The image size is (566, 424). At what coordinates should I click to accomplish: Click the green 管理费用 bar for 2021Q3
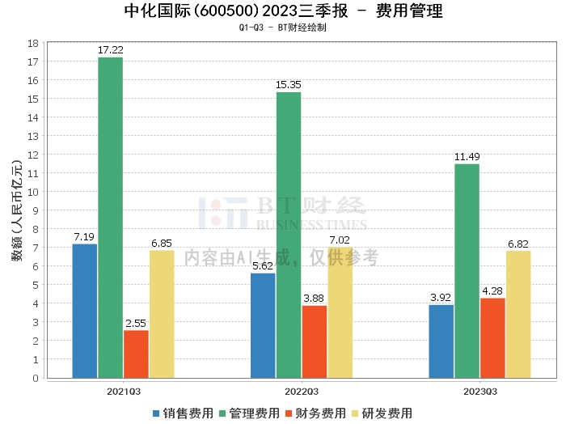[111, 218]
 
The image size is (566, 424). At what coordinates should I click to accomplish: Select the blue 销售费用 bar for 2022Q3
[263, 326]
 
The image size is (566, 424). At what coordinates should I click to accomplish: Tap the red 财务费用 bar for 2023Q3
[492, 338]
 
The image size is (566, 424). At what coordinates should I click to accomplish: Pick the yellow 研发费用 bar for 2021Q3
[162, 314]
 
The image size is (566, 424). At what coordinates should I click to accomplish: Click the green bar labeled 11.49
[467, 271]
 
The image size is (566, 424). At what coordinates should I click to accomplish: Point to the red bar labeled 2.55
[136, 354]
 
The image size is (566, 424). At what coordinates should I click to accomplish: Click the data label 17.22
[111, 50]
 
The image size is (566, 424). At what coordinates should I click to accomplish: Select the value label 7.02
[340, 240]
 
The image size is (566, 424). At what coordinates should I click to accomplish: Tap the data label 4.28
[492, 290]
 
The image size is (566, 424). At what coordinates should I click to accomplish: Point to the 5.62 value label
[263, 266]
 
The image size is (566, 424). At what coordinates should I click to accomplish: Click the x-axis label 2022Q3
[302, 392]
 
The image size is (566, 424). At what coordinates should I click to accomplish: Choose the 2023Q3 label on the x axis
[480, 392]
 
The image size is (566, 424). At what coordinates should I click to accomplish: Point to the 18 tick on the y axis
[33, 44]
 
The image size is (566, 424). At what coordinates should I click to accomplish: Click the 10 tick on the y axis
[33, 192]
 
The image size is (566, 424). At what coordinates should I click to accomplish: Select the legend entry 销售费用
[184, 413]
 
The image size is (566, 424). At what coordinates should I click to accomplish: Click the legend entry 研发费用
[382, 413]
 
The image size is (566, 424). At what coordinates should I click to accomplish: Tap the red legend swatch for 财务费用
[289, 413]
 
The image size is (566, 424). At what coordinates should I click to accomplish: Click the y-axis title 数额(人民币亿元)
[17, 210]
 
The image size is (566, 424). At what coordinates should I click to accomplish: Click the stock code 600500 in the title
[226, 11]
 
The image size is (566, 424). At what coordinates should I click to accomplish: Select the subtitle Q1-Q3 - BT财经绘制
[283, 28]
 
